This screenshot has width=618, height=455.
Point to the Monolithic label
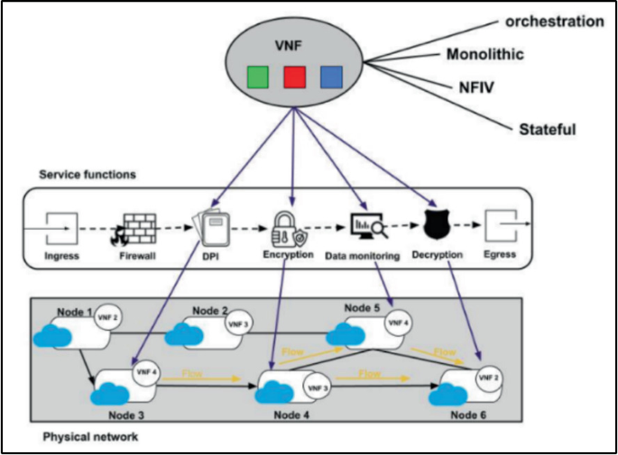(x=485, y=55)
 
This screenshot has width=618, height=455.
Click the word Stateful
(x=547, y=130)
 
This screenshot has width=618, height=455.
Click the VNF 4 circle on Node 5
(x=398, y=322)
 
